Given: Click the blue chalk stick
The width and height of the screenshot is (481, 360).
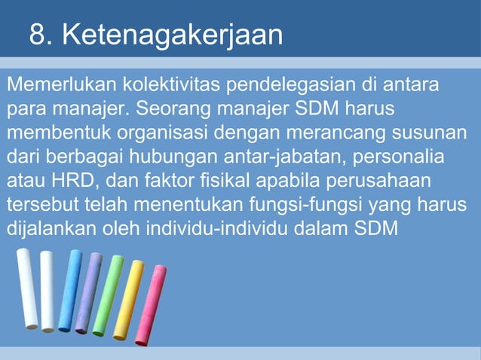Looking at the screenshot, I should (70, 291).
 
